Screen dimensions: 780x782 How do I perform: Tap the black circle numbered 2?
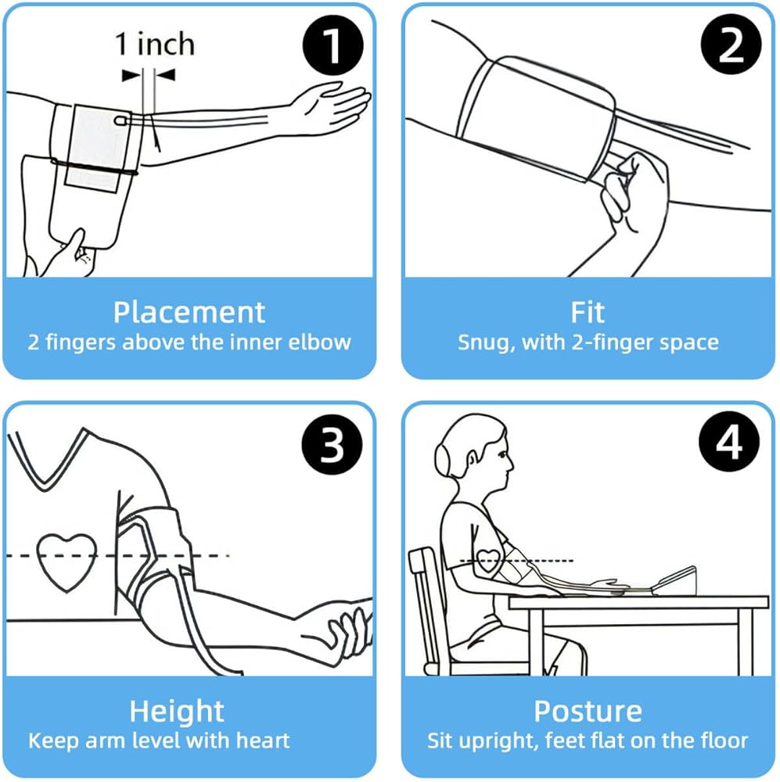731,46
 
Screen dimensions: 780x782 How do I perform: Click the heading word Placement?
189,312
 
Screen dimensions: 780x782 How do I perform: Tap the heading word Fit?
588,312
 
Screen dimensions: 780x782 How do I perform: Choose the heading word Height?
177,712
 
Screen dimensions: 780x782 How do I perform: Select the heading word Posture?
588,712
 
